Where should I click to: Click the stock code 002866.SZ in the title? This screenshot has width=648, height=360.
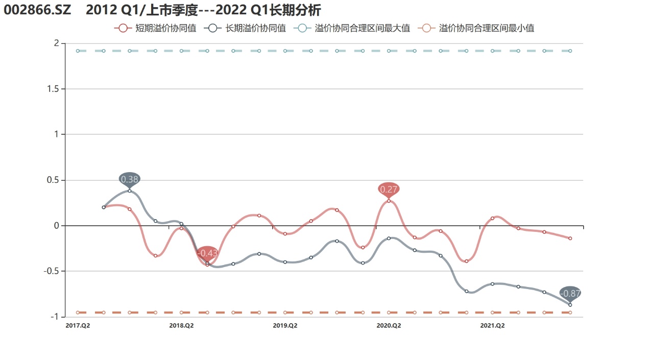[x=37, y=10]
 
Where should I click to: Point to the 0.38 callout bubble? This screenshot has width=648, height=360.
[x=129, y=179]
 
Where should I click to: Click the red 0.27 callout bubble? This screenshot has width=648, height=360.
[x=389, y=189]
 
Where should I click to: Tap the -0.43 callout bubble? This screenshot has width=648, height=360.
[x=207, y=253]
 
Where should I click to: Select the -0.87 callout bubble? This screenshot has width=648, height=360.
[x=570, y=294]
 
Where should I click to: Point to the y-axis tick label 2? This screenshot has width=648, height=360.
[x=56, y=43]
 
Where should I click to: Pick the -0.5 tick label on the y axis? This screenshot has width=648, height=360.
[x=51, y=271]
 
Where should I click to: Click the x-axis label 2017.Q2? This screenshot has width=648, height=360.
[x=78, y=325]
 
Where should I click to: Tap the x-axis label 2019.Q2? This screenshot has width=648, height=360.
[x=285, y=325]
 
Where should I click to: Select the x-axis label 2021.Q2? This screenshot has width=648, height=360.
[x=492, y=325]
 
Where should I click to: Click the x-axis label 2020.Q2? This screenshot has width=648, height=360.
[x=389, y=325]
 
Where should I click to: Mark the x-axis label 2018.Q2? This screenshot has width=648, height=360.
[x=181, y=325]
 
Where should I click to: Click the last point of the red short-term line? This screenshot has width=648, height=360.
[x=570, y=238]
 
